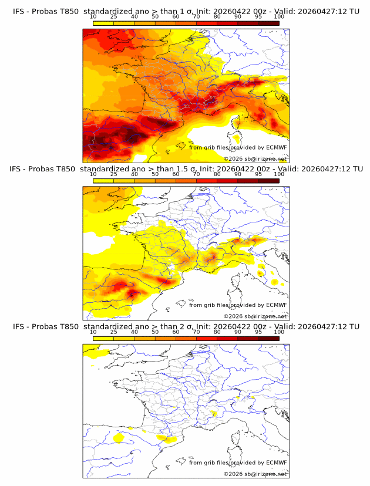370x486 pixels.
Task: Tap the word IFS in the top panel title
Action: tap(19, 11)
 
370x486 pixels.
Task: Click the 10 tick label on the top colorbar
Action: tap(93, 17)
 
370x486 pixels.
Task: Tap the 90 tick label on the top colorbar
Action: tap(237, 17)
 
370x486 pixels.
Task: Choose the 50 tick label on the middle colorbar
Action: tap(155, 174)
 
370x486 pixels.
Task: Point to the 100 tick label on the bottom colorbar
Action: tap(279, 332)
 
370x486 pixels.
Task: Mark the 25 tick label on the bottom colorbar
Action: tap(114, 332)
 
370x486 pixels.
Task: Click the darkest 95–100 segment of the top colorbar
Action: tap(268, 23)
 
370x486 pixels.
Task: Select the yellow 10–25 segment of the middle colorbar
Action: tap(103, 181)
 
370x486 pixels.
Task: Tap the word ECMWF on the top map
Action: tap(277, 148)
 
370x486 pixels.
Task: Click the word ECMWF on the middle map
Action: tap(277, 305)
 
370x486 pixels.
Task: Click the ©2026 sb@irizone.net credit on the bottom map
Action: tap(255, 474)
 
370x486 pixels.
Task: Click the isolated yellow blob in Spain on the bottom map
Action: tap(118, 438)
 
